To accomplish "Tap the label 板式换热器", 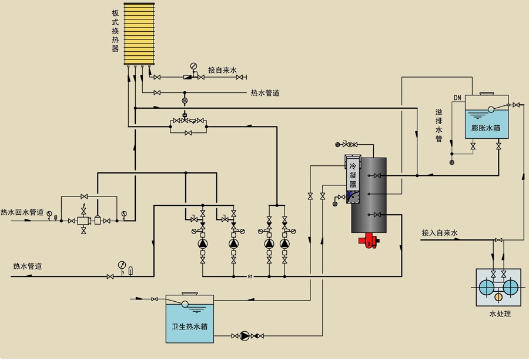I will click(115, 31).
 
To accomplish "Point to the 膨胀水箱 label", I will click(486, 127).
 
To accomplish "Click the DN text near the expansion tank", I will click(457, 97).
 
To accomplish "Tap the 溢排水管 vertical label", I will click(438, 125).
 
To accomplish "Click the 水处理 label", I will click(500, 314).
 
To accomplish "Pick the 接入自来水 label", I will click(439, 233).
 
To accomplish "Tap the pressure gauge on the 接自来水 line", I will click(193, 66).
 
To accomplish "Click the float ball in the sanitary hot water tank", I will click(185, 304).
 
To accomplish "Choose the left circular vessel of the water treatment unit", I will click(487, 287).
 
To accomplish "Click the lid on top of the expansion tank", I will click(487, 93).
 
